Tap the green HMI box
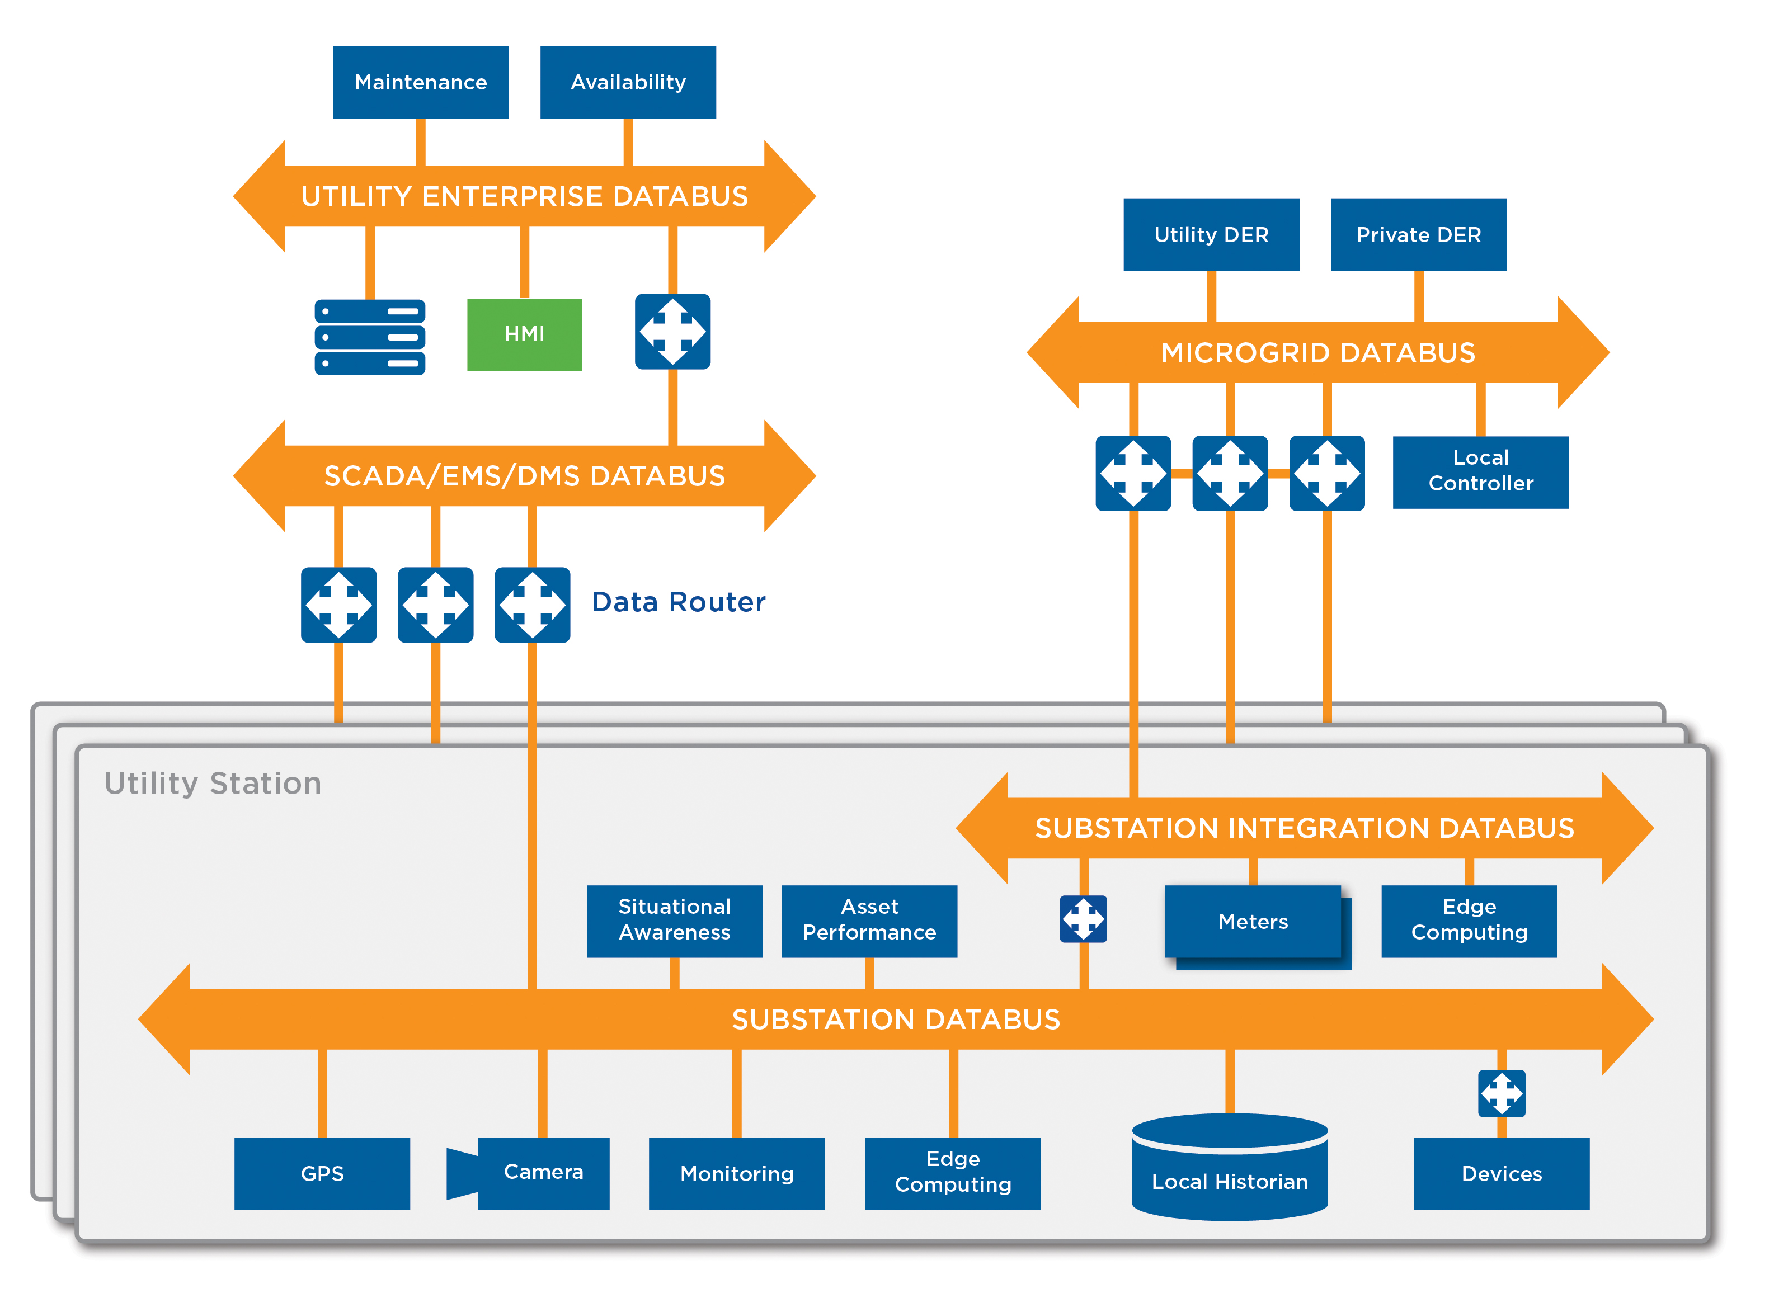(x=524, y=334)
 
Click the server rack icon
(x=369, y=337)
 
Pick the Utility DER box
(x=1211, y=235)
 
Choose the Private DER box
(x=1418, y=235)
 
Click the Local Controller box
(x=1480, y=472)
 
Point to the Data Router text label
(x=677, y=602)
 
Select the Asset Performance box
(x=869, y=921)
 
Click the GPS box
(x=322, y=1173)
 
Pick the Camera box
(x=543, y=1173)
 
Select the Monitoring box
(x=736, y=1173)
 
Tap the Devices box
(x=1500, y=1173)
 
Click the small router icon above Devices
(x=1500, y=1093)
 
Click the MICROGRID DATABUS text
(x=1317, y=353)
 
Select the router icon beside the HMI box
(x=672, y=332)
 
